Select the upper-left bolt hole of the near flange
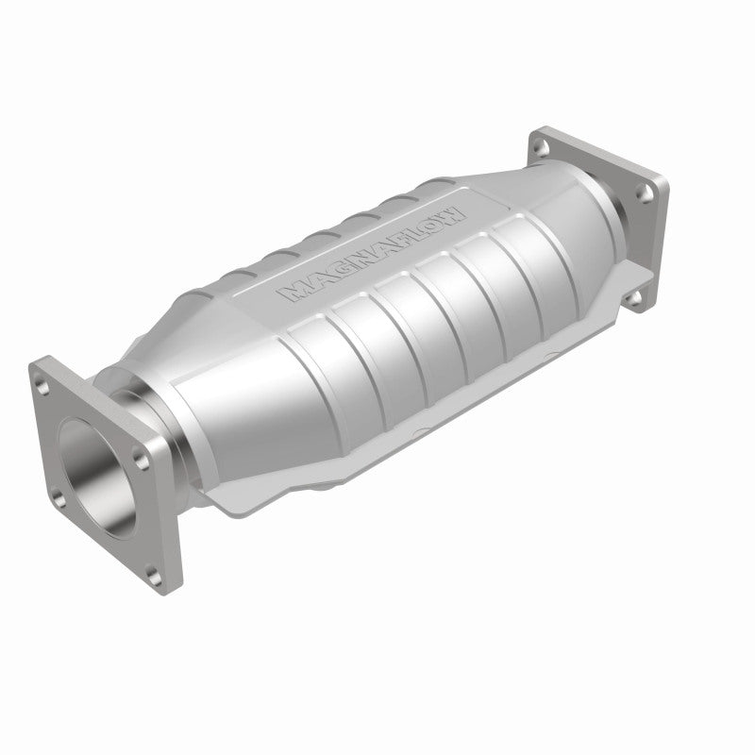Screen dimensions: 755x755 click(45, 378)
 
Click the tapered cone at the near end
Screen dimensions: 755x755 click(203, 368)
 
